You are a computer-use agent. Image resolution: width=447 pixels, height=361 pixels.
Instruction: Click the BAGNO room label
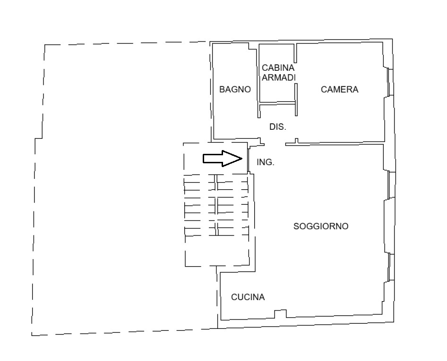[235, 89]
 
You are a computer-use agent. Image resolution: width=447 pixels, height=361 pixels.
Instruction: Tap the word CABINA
[278, 68]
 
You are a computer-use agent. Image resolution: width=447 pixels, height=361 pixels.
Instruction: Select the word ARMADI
[279, 77]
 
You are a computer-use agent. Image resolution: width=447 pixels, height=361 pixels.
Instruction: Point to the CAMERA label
[340, 89]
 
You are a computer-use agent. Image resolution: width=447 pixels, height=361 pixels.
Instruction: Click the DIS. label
[278, 126]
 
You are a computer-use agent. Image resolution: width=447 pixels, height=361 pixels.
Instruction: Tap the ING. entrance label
[266, 162]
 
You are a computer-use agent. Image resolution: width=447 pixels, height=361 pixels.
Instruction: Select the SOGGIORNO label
[321, 227]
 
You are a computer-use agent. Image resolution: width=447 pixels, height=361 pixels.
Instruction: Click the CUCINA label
[248, 297]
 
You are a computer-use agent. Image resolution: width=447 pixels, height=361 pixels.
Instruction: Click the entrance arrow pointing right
[223, 159]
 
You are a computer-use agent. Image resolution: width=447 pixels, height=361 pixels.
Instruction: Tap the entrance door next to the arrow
[249, 160]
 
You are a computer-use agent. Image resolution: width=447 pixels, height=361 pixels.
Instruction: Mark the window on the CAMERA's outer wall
[391, 82]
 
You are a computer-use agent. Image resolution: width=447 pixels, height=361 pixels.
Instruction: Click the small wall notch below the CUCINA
[281, 314]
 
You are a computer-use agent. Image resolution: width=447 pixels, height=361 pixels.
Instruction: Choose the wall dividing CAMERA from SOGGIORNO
[335, 143]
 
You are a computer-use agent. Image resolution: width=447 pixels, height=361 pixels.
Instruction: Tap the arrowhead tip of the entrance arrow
[242, 159]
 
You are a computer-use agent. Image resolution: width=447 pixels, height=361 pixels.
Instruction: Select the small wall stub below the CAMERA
[296, 141]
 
